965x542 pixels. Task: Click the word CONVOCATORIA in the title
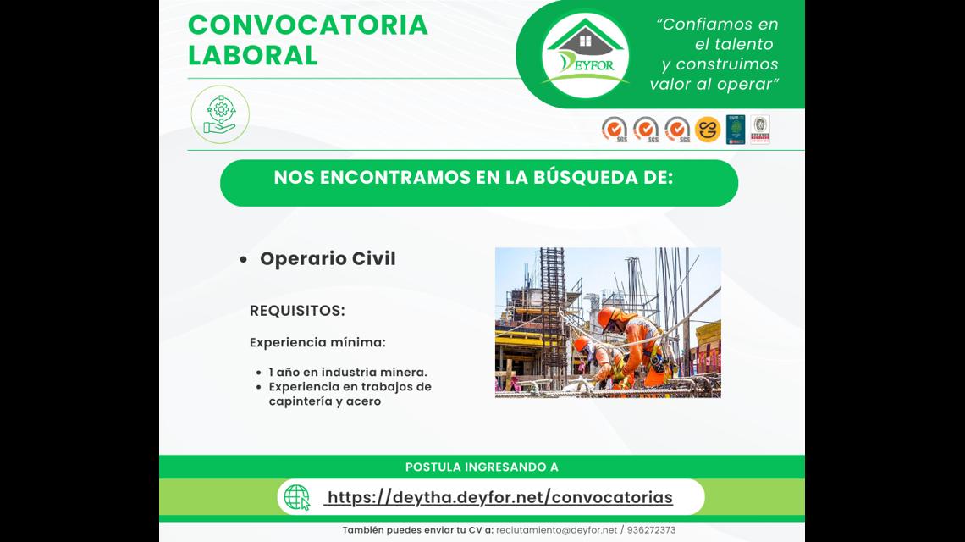[308, 25]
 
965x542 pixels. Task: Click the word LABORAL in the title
[253, 55]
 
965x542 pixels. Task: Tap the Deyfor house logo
[585, 54]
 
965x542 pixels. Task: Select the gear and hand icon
[220, 114]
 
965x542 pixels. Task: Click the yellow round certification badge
[707, 130]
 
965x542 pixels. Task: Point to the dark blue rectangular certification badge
[736, 130]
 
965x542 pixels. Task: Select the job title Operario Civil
[328, 258]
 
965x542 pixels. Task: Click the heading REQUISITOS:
[297, 311]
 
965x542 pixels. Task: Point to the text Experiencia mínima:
[317, 342]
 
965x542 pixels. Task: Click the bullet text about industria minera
[348, 372]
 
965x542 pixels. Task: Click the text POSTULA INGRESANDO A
[482, 467]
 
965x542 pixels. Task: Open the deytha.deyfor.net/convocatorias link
[499, 498]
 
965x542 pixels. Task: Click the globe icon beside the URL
[297, 497]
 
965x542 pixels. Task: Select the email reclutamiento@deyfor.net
[556, 529]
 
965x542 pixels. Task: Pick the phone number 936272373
[651, 529]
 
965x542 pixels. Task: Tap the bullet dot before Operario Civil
[244, 260]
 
